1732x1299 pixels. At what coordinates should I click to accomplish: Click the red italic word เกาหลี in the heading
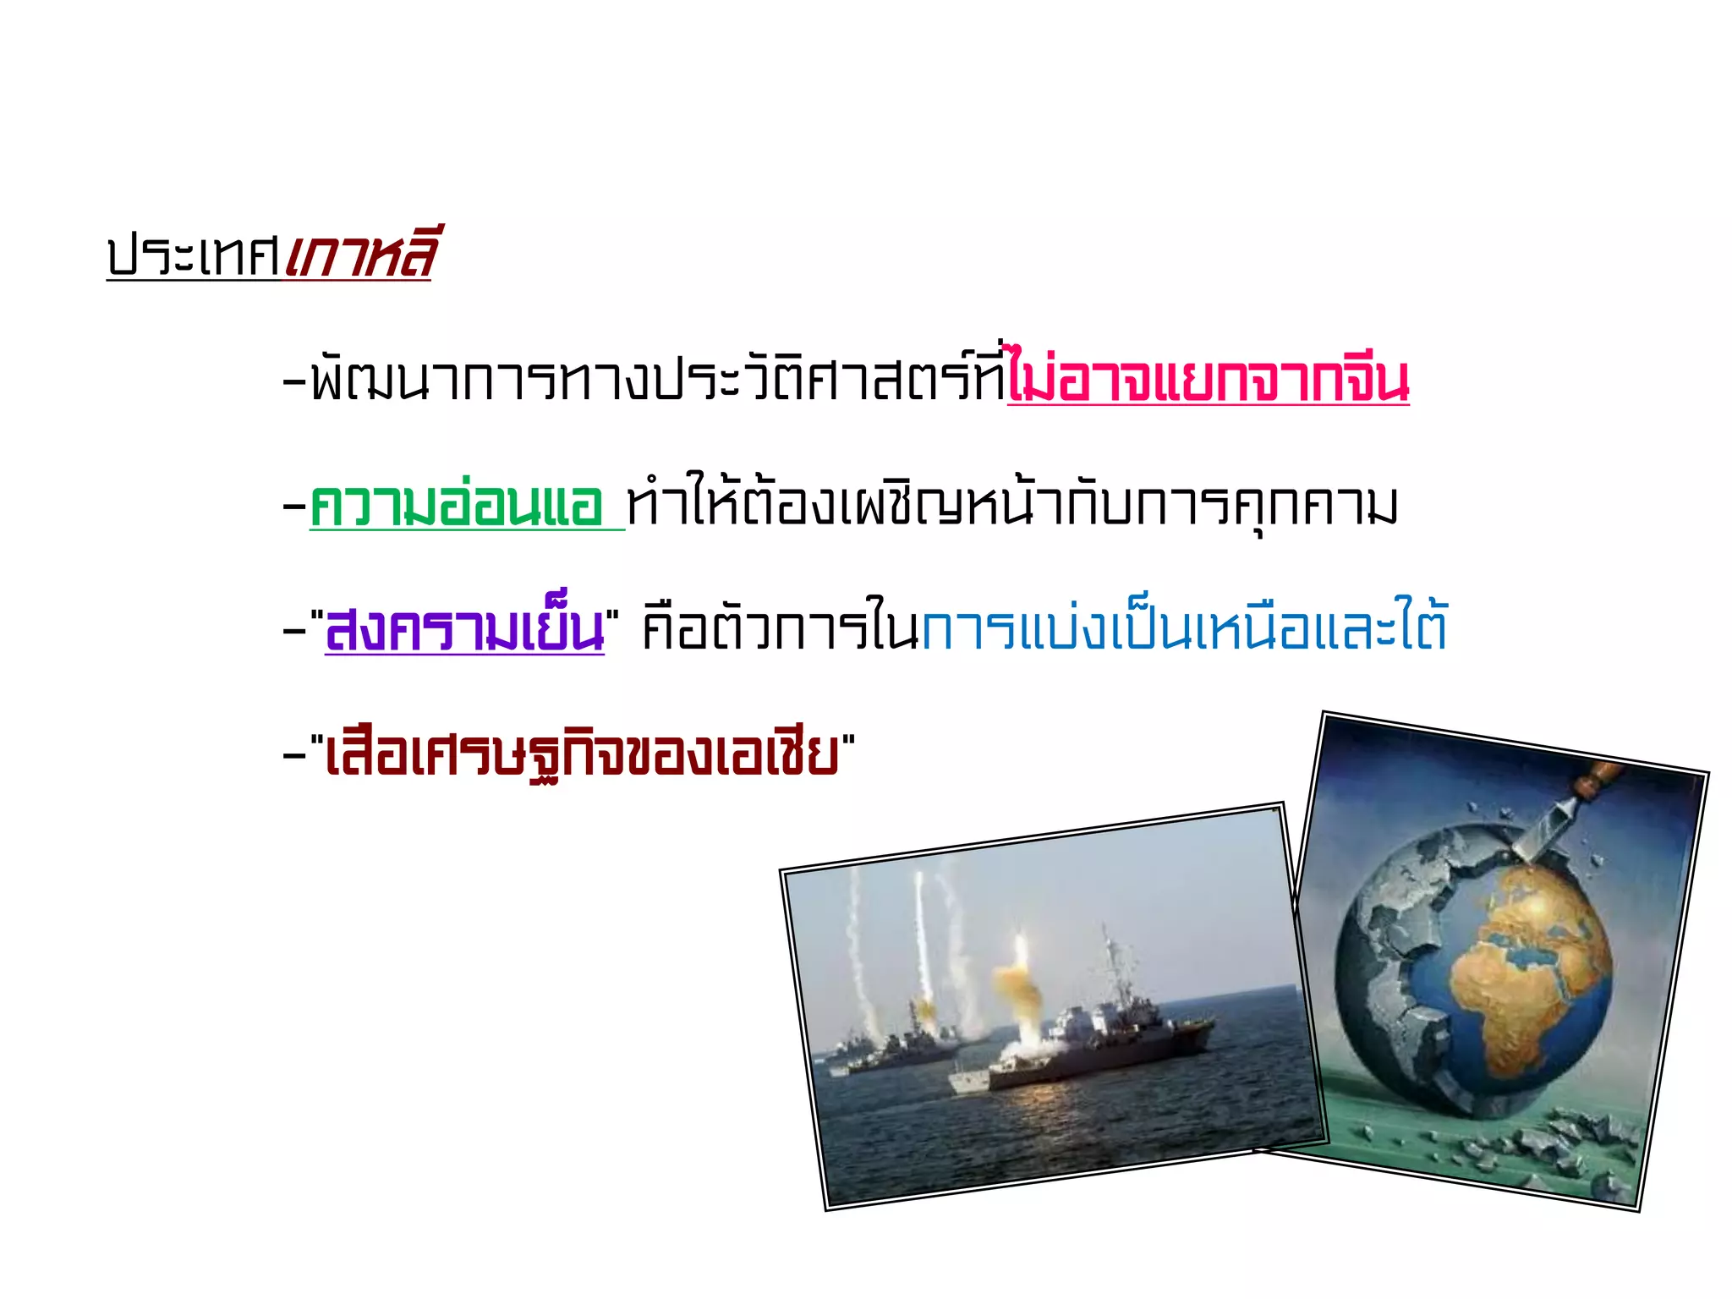tap(360, 254)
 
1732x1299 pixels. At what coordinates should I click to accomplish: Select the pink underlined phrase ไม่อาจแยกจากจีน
tap(1208, 381)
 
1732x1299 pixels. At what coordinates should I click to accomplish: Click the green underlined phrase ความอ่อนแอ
tap(457, 506)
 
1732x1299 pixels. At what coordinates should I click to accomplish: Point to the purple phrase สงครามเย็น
tap(465, 630)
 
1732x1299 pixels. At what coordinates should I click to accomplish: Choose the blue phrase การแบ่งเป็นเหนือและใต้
tap(1184, 628)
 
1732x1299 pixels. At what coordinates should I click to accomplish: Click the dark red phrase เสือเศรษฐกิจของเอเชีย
tap(582, 754)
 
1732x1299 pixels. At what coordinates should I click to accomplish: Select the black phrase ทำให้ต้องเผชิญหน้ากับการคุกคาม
tap(1011, 506)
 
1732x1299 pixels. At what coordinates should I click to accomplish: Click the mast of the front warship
tap(1110, 964)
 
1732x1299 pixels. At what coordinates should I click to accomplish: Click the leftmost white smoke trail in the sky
tap(854, 939)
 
